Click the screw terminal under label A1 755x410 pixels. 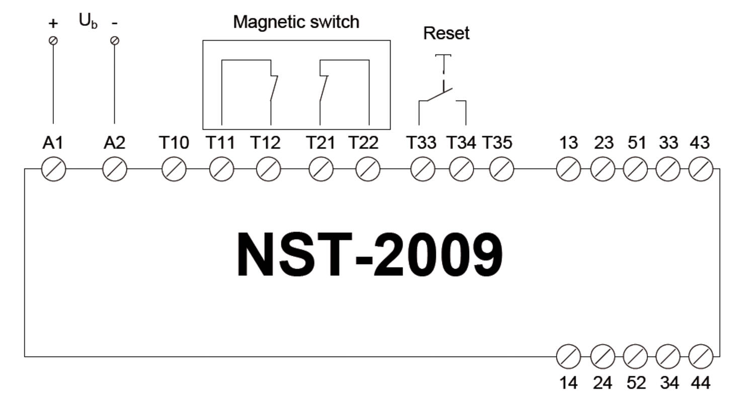pyautogui.click(x=53, y=170)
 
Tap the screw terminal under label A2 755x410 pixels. pyautogui.click(x=115, y=170)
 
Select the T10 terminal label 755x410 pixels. pyautogui.click(x=174, y=143)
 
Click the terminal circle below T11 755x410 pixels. pyautogui.click(x=221, y=170)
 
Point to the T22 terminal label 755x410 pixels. pyautogui.click(x=363, y=143)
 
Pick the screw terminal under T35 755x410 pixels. pyautogui.click(x=501, y=170)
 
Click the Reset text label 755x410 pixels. pyautogui.click(x=446, y=33)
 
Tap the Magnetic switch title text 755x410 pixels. pyautogui.click(x=296, y=22)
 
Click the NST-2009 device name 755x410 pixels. pyautogui.click(x=369, y=255)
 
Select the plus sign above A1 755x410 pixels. pyautogui.click(x=53, y=23)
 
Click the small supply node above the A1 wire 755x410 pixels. pyautogui.click(x=53, y=41)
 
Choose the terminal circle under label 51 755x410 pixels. pyautogui.click(x=635, y=170)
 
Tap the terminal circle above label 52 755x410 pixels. pyautogui.click(x=635, y=357)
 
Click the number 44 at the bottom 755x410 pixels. pyautogui.click(x=700, y=383)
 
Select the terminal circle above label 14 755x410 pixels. pyautogui.click(x=568, y=357)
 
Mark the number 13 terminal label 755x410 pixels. pyautogui.click(x=568, y=143)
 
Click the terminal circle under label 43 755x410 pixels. pyautogui.click(x=700, y=170)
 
